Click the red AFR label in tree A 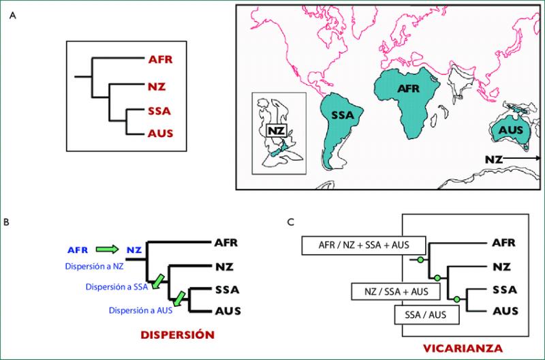(x=160, y=59)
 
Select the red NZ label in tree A (x=157, y=87)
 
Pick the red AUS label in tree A (x=160, y=135)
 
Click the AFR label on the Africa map (x=408, y=89)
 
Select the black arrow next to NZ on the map (x=523, y=158)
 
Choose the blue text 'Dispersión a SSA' (x=116, y=287)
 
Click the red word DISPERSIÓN (x=178, y=335)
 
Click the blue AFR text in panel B (x=78, y=250)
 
